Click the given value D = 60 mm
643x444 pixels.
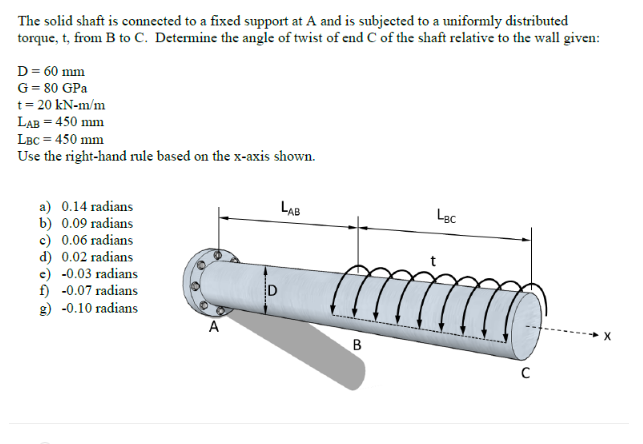(52, 71)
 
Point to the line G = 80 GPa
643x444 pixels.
(53, 88)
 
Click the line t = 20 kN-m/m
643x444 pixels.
(62, 105)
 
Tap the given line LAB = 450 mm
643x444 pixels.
(60, 123)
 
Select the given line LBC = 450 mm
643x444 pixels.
(60, 140)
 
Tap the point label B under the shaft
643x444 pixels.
(356, 345)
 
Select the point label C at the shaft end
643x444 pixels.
(526, 375)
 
